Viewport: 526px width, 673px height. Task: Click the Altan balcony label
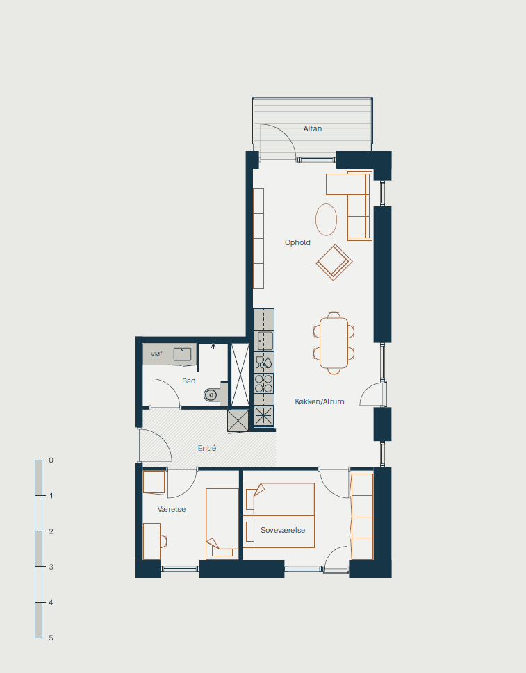point(313,128)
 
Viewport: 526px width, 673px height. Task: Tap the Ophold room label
point(297,242)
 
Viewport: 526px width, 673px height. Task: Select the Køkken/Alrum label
point(320,401)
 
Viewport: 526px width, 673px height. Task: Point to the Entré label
point(207,448)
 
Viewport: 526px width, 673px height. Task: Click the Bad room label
point(189,381)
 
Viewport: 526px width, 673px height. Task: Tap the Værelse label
point(172,510)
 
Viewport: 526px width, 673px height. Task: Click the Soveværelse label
point(283,530)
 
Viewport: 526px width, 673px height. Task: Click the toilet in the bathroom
point(213,394)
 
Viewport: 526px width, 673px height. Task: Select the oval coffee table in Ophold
point(327,219)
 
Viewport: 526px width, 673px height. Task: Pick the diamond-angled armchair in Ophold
point(334,263)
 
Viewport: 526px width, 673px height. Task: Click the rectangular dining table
point(334,343)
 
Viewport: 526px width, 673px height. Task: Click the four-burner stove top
point(263,383)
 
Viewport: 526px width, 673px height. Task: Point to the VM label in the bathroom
point(156,354)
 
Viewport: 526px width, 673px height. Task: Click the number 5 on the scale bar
point(51,638)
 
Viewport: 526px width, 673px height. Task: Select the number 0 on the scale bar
point(51,460)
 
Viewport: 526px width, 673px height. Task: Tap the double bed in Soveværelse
point(279,515)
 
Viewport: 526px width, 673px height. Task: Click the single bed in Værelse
point(222,524)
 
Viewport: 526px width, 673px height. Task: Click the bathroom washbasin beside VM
point(183,354)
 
